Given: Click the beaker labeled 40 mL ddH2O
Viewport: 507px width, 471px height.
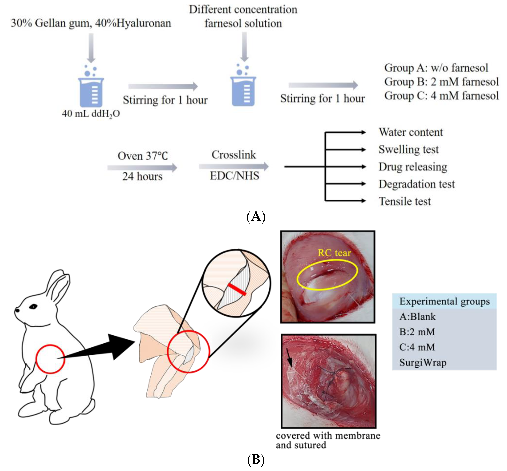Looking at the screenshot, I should tap(91, 92).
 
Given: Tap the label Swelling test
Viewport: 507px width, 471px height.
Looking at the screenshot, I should tap(408, 150).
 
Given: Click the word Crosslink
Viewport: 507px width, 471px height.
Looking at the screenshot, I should tap(234, 155).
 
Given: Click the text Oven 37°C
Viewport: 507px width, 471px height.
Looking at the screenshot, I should tap(142, 156).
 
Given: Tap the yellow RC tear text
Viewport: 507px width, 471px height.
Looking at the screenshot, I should tap(334, 253).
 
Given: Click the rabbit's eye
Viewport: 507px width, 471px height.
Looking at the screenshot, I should tap(33, 307).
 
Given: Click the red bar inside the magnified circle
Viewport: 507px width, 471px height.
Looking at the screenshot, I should tap(237, 289).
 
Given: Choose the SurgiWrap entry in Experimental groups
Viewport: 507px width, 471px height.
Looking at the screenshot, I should tap(423, 363).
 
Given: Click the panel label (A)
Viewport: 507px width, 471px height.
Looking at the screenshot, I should tap(256, 217).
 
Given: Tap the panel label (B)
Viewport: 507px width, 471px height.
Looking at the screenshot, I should tap(256, 460).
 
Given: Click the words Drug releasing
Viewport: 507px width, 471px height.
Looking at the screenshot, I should tap(413, 167).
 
